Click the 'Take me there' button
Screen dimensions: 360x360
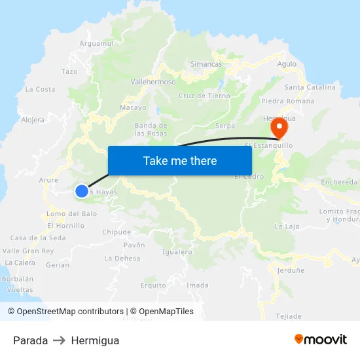coord(180,160)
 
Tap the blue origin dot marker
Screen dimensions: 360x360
coord(81,191)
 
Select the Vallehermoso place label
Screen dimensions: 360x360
coord(153,82)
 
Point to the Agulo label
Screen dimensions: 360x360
coord(287,64)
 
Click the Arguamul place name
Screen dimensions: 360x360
coord(96,43)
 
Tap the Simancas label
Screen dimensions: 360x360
coord(206,64)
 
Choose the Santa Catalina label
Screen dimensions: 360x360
coord(310,87)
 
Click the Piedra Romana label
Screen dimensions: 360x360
coord(287,101)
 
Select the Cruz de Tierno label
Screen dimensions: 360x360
coord(204,96)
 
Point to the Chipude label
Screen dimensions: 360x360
coord(117,232)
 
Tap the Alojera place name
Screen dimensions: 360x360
coord(33,120)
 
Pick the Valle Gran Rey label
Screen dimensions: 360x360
coord(28,251)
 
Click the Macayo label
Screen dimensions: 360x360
coord(133,107)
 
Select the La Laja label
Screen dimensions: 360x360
coord(286,226)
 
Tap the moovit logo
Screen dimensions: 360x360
coord(320,339)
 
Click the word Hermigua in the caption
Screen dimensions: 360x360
coord(95,340)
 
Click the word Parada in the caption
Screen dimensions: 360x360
coord(30,340)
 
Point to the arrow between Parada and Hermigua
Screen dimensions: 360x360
coord(60,340)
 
